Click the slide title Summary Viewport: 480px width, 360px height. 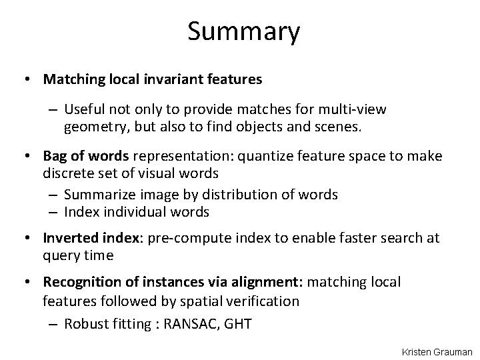tap(243, 31)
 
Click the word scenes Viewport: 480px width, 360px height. tap(343, 126)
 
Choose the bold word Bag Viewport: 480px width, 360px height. tap(57, 156)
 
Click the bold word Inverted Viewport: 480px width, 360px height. tap(69, 238)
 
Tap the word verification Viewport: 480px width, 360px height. tap(258, 301)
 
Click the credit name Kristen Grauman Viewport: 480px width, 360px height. tap(437, 351)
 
